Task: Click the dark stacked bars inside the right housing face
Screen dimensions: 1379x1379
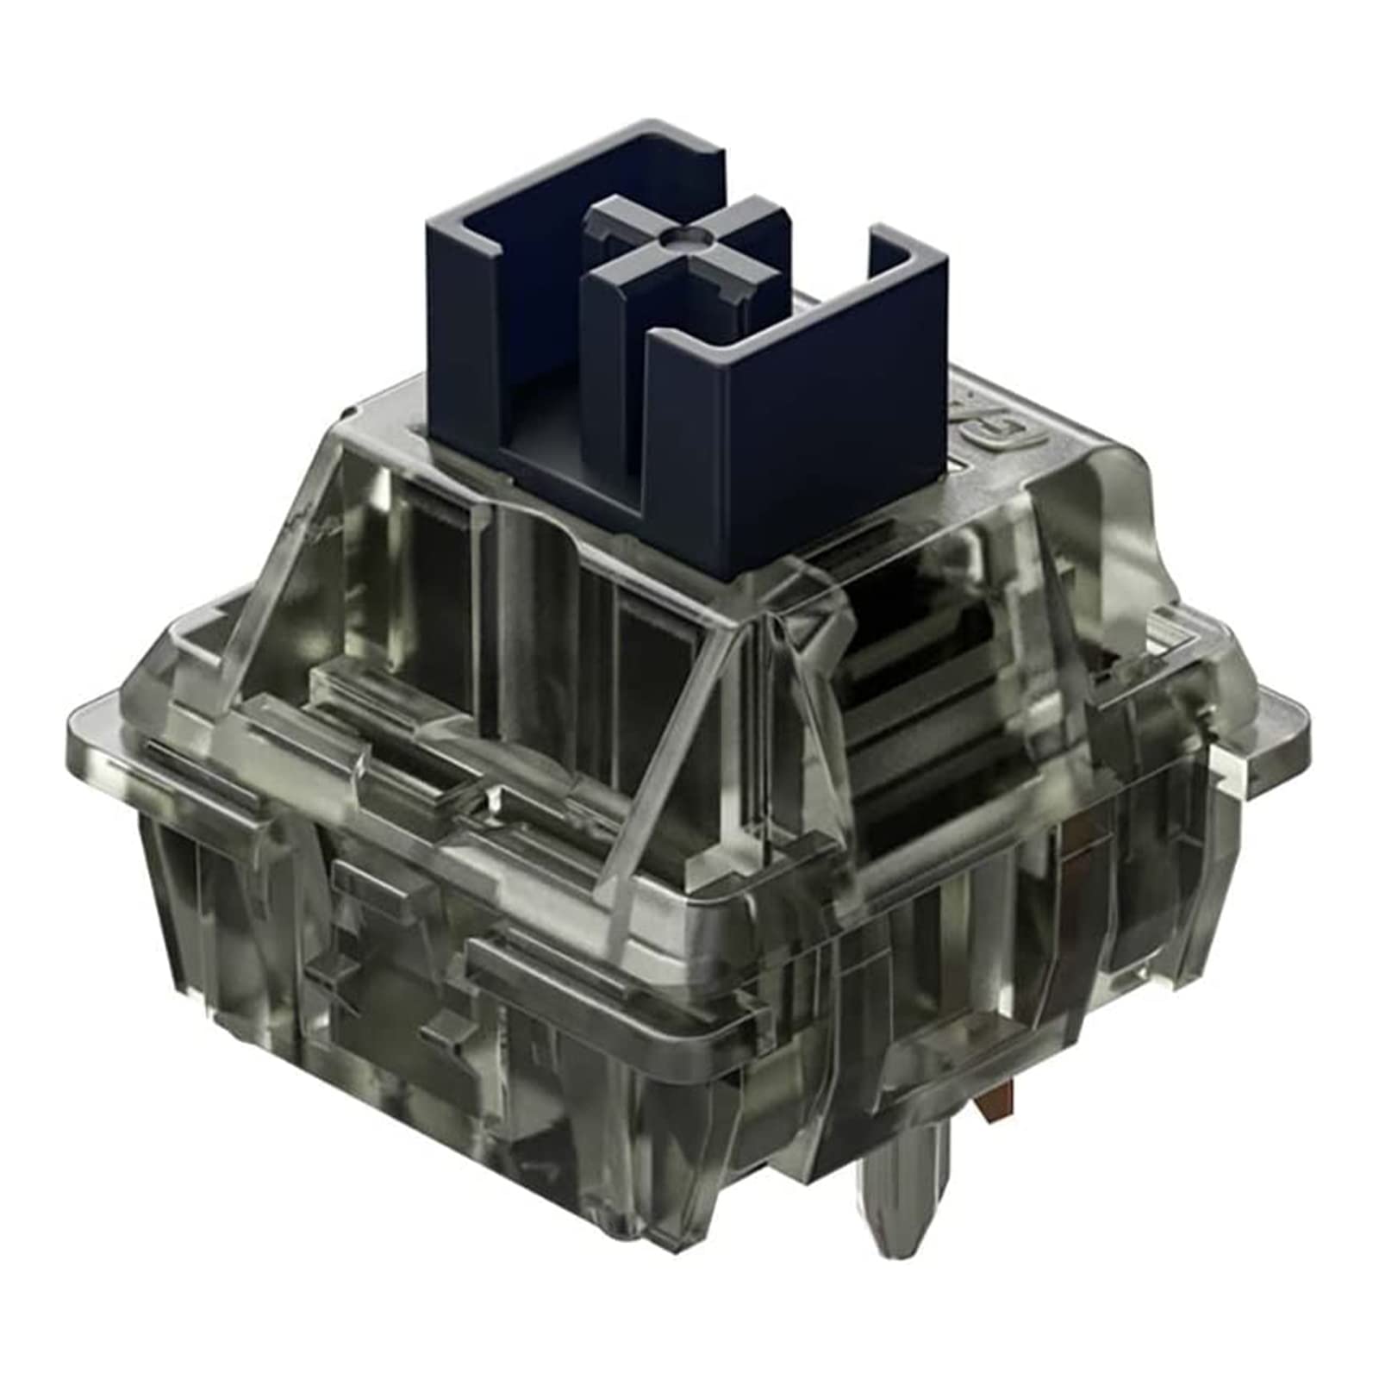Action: [x=914, y=707]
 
